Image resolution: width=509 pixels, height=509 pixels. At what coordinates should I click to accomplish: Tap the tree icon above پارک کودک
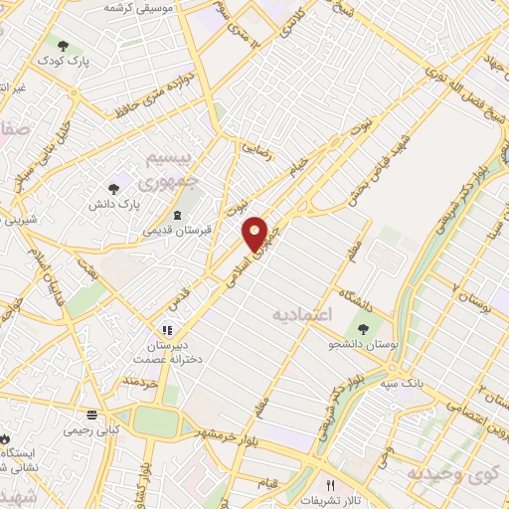point(64,46)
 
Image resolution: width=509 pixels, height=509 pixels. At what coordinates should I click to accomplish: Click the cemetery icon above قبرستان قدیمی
point(177,216)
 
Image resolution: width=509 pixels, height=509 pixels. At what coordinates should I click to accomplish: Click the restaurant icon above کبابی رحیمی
point(91,414)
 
